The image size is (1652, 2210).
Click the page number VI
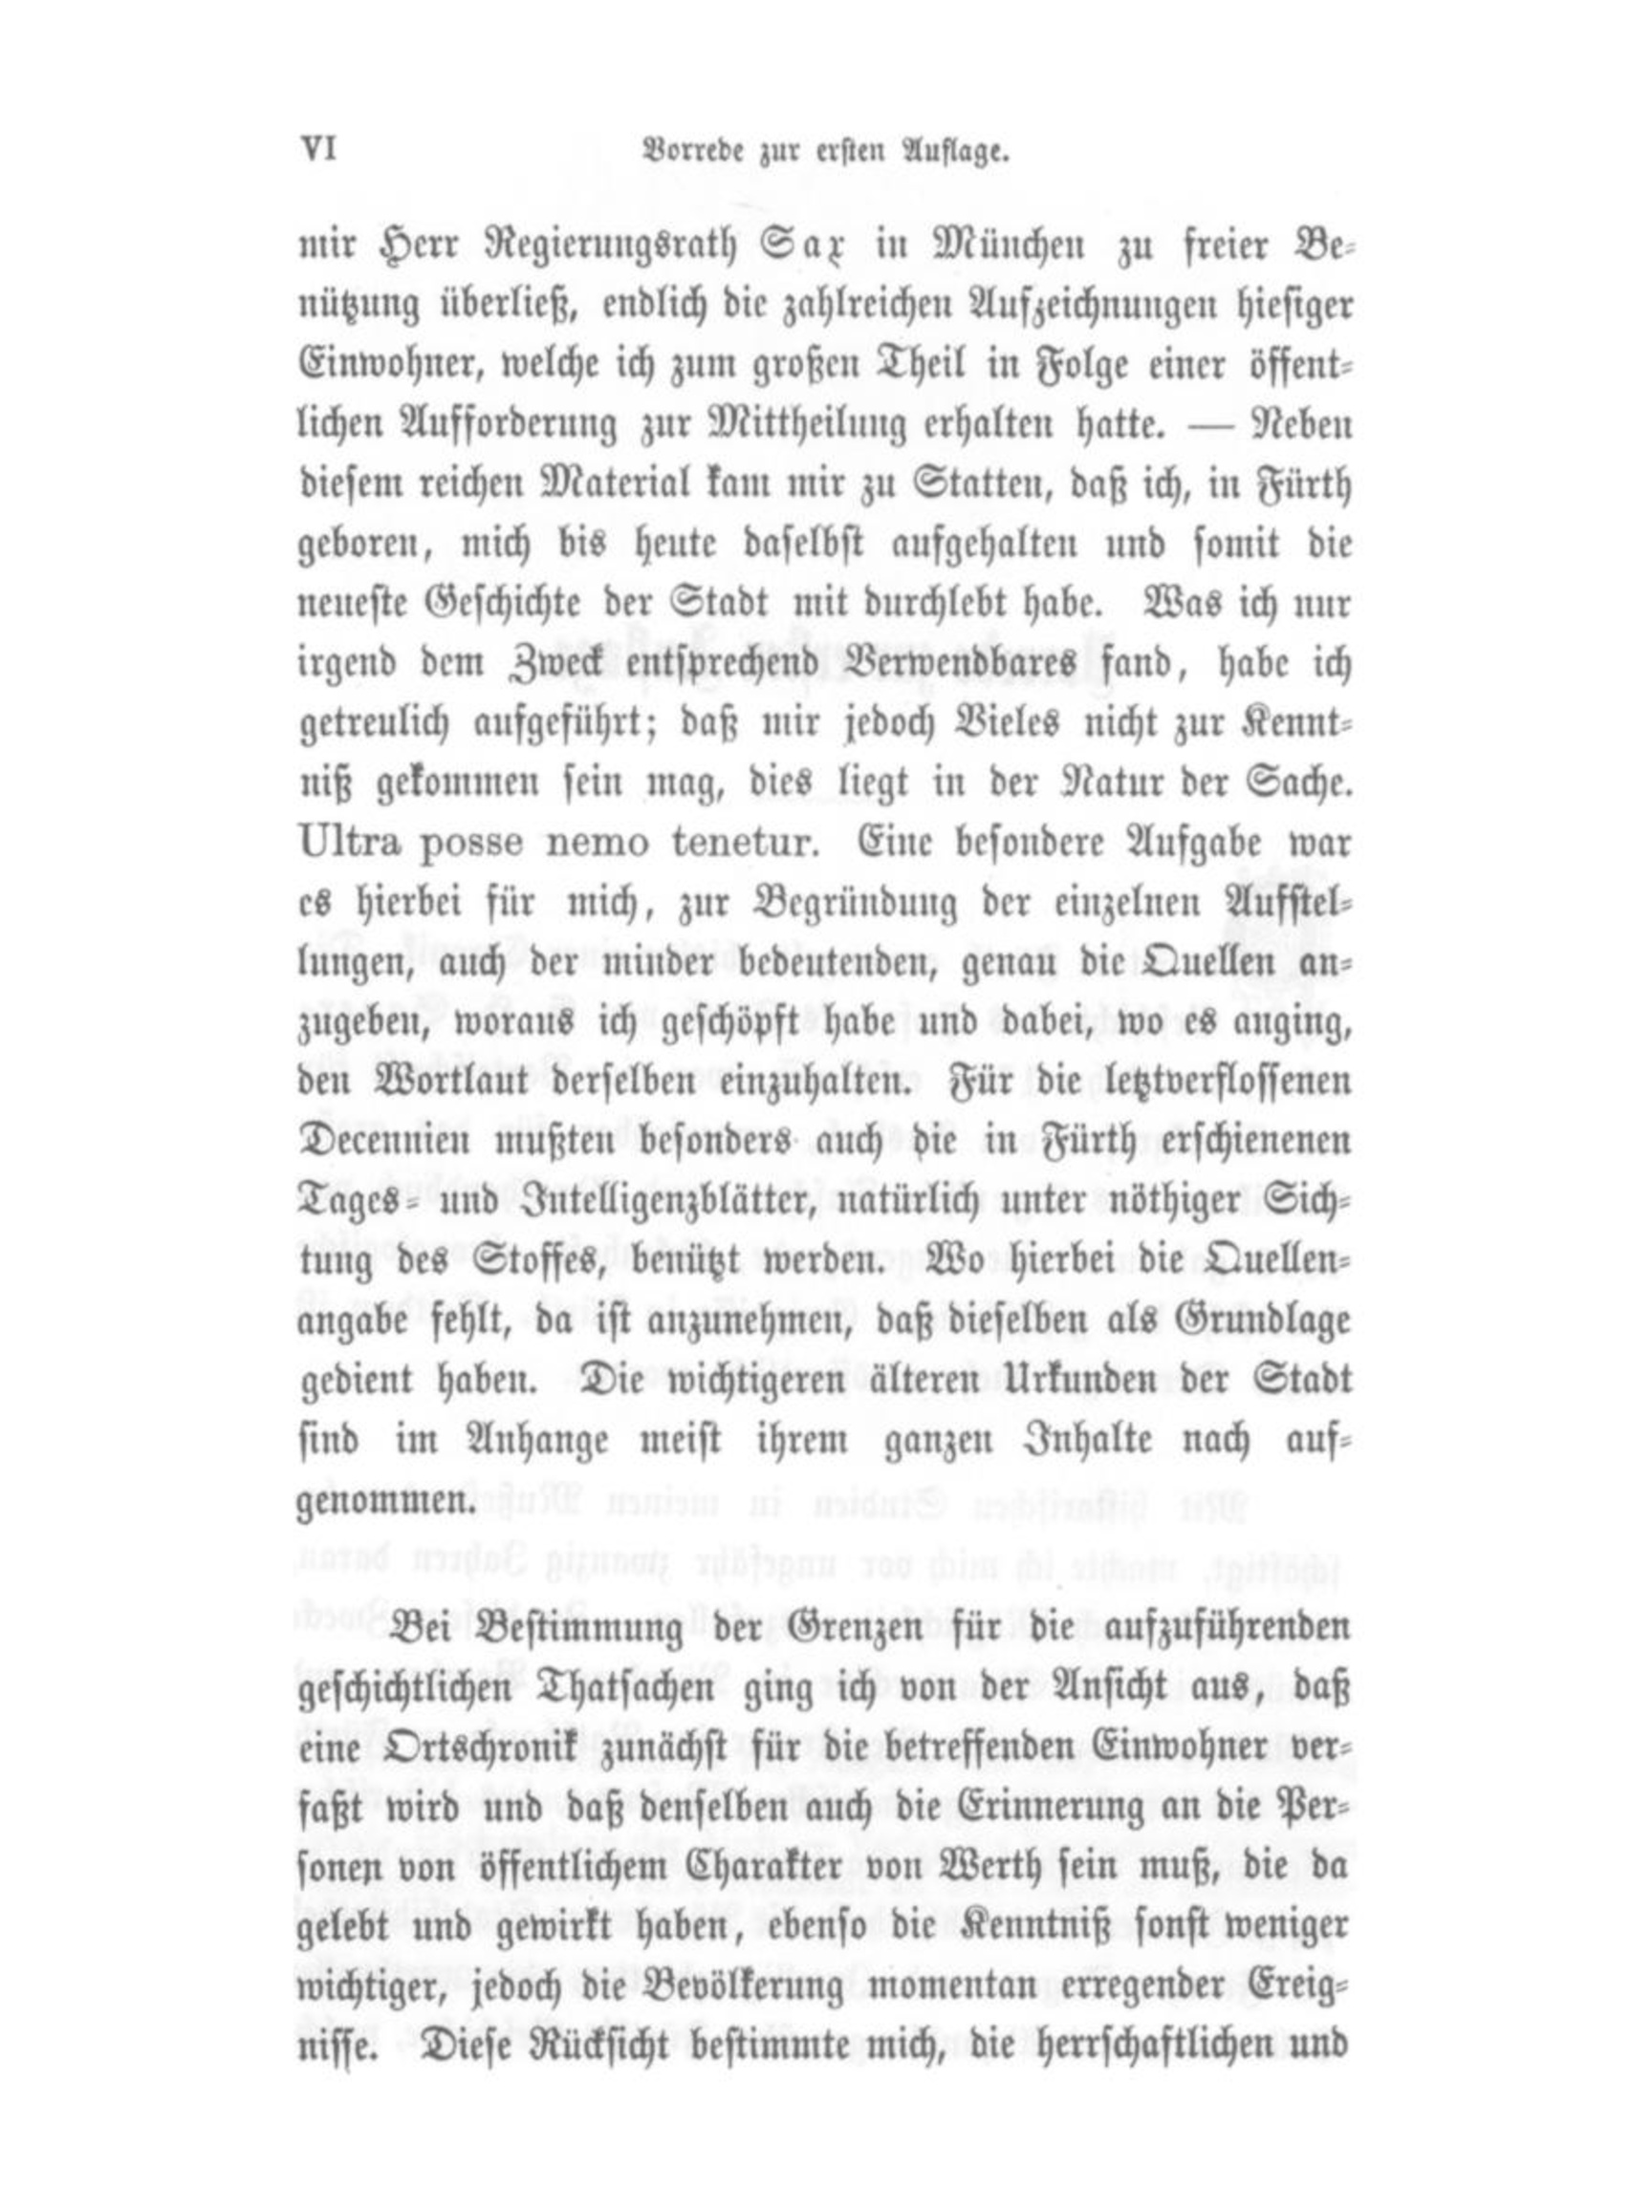pos(316,151)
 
